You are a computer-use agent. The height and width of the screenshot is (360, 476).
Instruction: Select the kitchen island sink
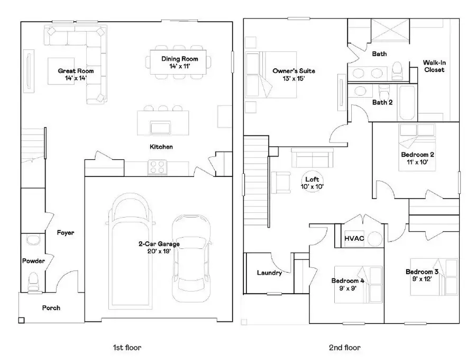[160, 128]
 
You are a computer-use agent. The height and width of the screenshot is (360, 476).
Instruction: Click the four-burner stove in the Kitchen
[158, 167]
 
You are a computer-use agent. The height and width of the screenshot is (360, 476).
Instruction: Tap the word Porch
[51, 308]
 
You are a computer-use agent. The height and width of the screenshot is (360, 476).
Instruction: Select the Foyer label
[66, 232]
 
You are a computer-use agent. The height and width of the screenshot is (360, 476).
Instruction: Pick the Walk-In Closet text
[433, 66]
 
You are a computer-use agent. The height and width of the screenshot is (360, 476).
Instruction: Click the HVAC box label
[354, 238]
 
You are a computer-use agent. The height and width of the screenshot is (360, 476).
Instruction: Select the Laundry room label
[269, 273]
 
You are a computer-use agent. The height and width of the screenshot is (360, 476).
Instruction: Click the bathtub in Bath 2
[408, 103]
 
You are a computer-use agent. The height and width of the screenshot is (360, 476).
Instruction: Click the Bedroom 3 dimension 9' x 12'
[422, 279]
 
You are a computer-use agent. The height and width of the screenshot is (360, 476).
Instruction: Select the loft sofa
[310, 158]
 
